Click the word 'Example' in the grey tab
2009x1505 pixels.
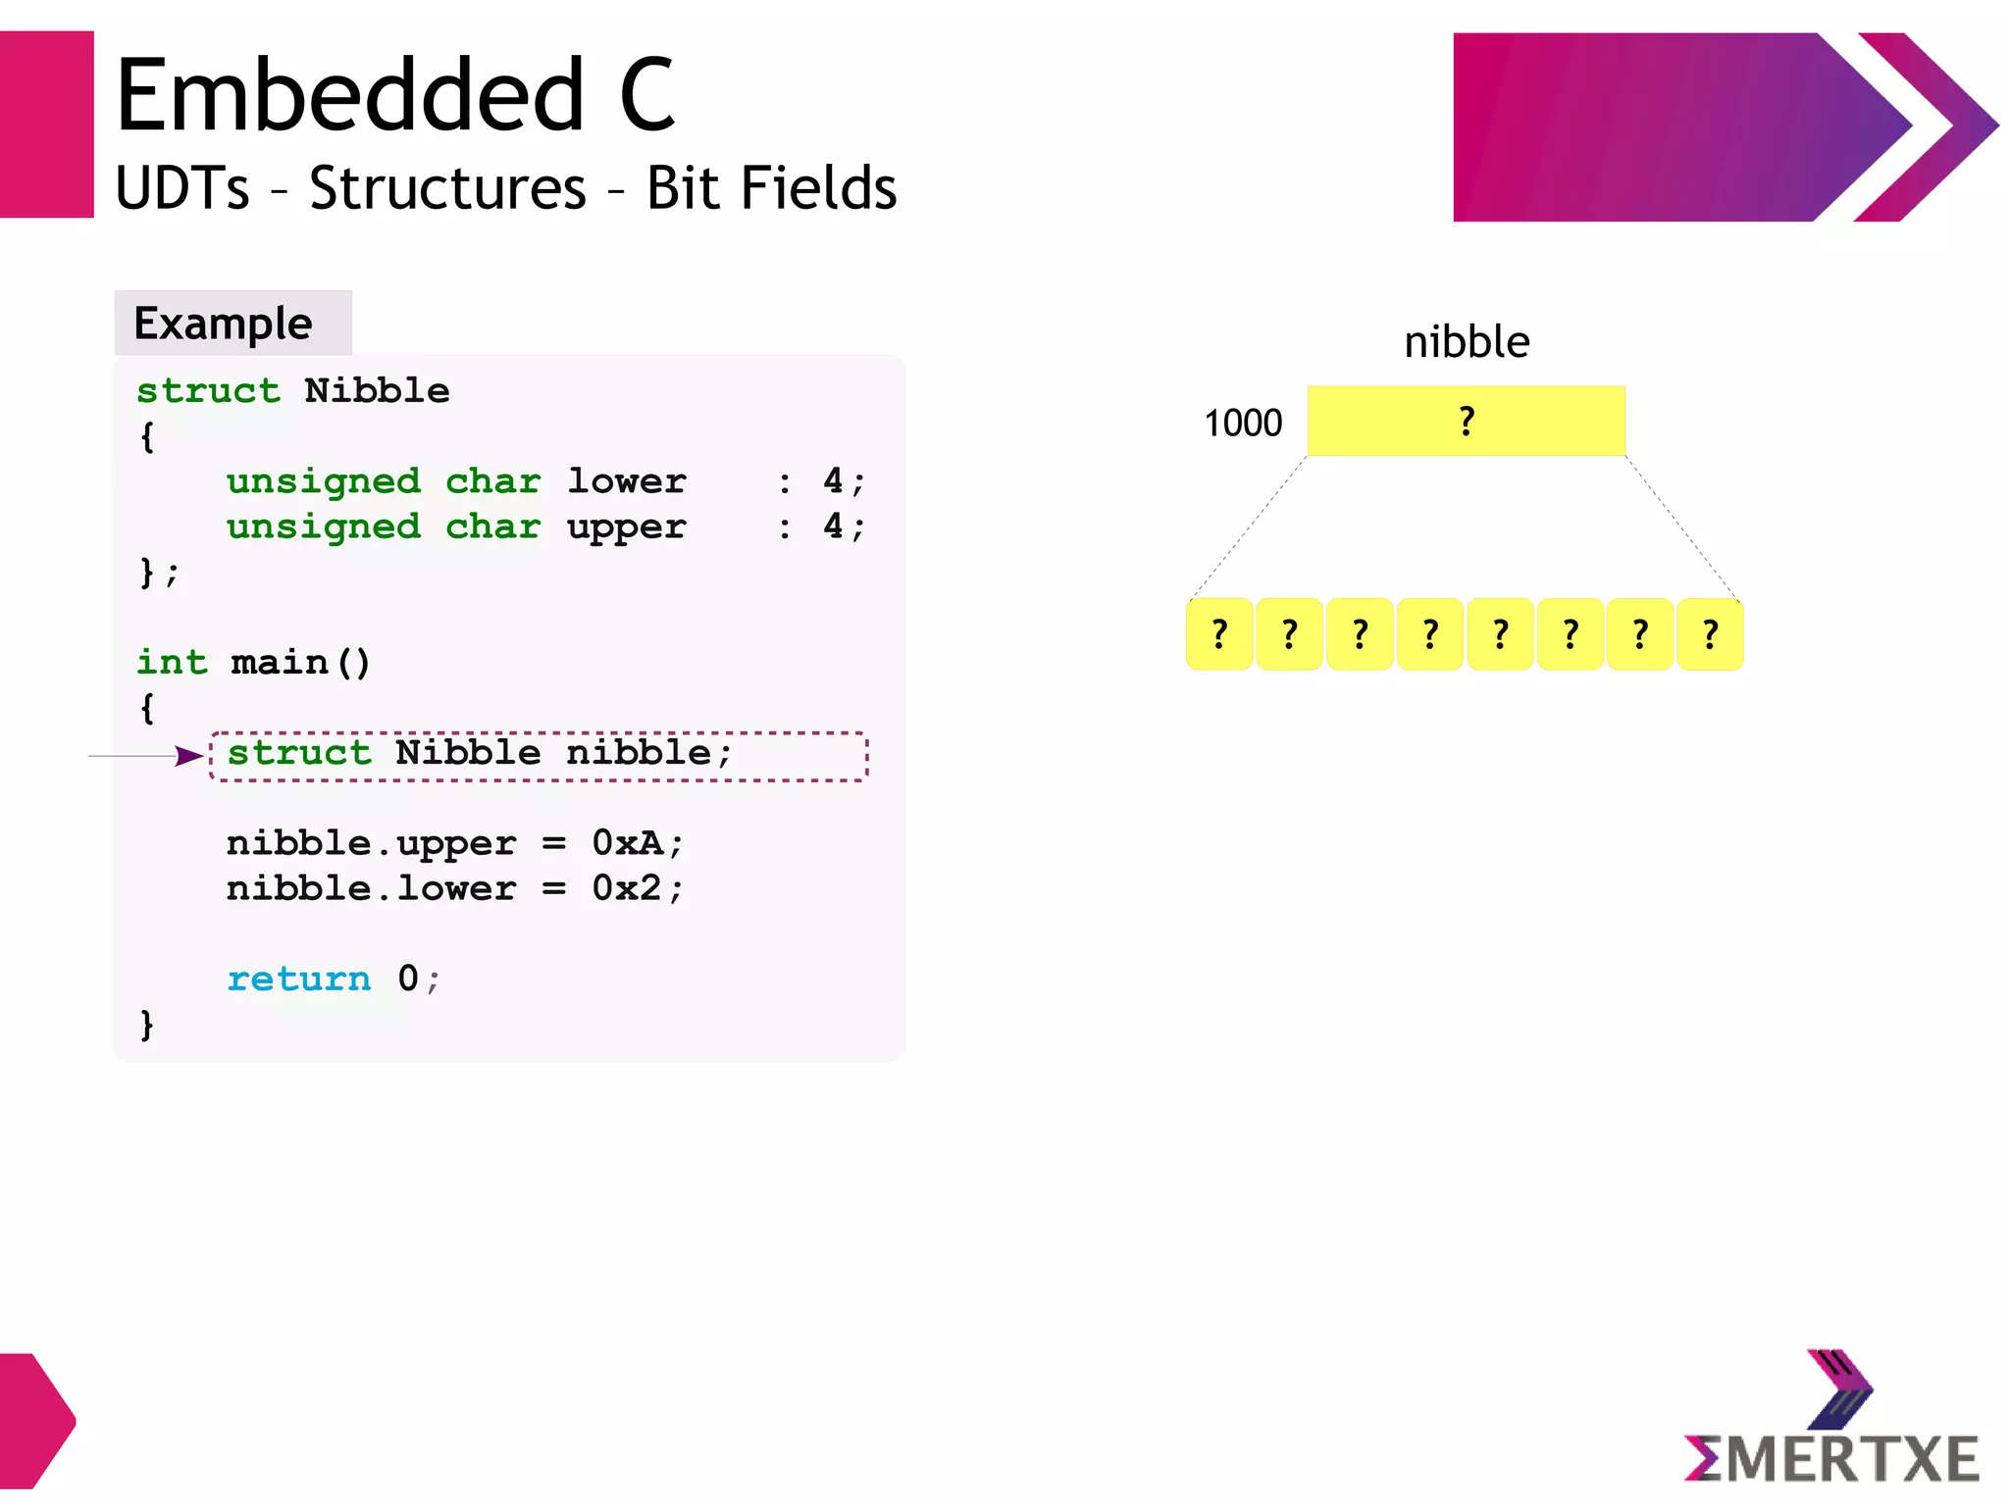pyautogui.click(x=223, y=324)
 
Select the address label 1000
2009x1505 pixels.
pyautogui.click(x=1243, y=424)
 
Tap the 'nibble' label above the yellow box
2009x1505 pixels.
pyautogui.click(x=1467, y=342)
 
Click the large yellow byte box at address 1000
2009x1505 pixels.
pyautogui.click(x=1466, y=421)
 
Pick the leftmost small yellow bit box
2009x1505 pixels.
pyautogui.click(x=1219, y=634)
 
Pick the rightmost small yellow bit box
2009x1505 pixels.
pyautogui.click(x=1710, y=634)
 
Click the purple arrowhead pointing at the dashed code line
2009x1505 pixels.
pyautogui.click(x=188, y=756)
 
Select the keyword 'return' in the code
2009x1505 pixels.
pyautogui.click(x=299, y=978)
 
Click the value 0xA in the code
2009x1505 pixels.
pyautogui.click(x=628, y=843)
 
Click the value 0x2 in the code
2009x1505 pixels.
pyautogui.click(x=628, y=888)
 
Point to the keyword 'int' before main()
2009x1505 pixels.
pyautogui.click(x=172, y=663)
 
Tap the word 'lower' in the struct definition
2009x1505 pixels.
pyautogui.click(x=627, y=481)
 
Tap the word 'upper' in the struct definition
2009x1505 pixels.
pyautogui.click(x=627, y=527)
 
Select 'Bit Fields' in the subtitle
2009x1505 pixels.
pyautogui.click(x=771, y=188)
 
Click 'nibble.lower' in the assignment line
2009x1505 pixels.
pyautogui.click(x=371, y=888)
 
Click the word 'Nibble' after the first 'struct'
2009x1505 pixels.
pyautogui.click(x=377, y=391)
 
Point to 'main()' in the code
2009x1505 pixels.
pyautogui.click(x=300, y=663)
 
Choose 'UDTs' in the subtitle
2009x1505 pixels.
pyautogui.click(x=182, y=188)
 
